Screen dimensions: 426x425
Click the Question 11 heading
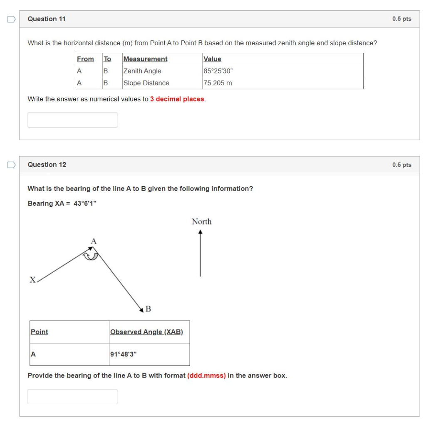pos(47,19)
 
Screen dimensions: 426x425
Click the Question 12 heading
pos(47,165)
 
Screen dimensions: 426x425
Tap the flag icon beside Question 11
pos(11,19)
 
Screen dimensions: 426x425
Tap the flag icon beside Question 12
pos(11,165)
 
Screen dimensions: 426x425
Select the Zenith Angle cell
pos(162,71)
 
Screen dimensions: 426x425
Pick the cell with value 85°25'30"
pos(282,71)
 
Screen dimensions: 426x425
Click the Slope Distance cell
pos(162,83)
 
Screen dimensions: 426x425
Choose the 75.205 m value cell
pos(282,83)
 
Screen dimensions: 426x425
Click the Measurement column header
pos(145,59)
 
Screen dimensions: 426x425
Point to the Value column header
pos(212,59)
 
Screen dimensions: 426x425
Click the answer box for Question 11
pos(72,120)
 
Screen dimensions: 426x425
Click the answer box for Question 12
pos(72,396)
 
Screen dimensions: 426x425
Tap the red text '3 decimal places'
pos(177,99)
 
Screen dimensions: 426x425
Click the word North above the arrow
pos(202,221)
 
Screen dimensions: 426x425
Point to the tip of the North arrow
pos(200,230)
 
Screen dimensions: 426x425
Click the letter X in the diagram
pos(32,280)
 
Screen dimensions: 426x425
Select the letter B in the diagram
pos(148,309)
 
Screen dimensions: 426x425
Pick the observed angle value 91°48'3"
pos(123,354)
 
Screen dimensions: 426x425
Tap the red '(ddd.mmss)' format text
pos(206,376)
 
